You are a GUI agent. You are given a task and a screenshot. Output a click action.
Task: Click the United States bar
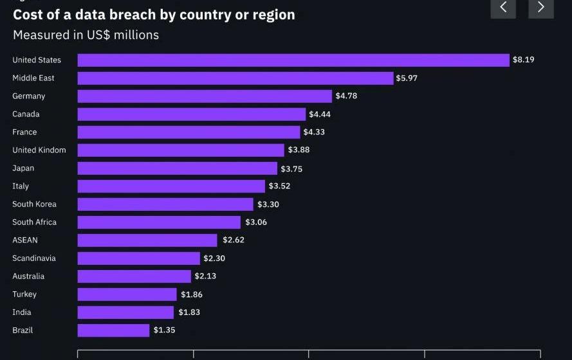pyautogui.click(x=293, y=60)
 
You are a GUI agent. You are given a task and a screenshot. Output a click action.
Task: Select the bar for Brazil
pyautogui.click(x=113, y=330)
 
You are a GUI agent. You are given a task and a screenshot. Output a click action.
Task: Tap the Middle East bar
pyautogui.click(x=235, y=78)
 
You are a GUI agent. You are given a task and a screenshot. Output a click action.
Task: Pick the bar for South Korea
pyautogui.click(x=165, y=204)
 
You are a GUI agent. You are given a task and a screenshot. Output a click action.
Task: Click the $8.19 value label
pyautogui.click(x=523, y=60)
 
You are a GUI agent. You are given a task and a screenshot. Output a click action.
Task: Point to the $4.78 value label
pyautogui.click(x=346, y=96)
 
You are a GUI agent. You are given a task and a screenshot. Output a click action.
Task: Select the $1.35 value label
pyautogui.click(x=164, y=330)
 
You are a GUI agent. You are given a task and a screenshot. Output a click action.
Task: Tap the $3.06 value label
pyautogui.click(x=256, y=222)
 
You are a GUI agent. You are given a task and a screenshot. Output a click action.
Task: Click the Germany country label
pyautogui.click(x=29, y=96)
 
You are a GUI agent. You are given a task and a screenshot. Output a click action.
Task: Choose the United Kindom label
pyautogui.click(x=39, y=150)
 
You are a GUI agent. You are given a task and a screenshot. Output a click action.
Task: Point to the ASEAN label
pyautogui.click(x=25, y=240)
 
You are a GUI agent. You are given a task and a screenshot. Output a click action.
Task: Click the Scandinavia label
pyautogui.click(x=34, y=258)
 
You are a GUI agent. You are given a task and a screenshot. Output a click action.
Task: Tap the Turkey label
pyautogui.click(x=24, y=294)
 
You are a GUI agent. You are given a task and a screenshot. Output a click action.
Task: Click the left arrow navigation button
pyautogui.click(x=503, y=7)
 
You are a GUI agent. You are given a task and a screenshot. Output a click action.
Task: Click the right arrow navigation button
pyautogui.click(x=541, y=7)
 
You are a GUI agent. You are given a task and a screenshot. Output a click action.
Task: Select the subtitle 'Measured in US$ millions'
pyautogui.click(x=86, y=35)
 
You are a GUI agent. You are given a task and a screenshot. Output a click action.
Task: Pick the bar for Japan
pyautogui.click(x=178, y=168)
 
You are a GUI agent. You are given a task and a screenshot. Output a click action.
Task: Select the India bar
pyautogui.click(x=125, y=312)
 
